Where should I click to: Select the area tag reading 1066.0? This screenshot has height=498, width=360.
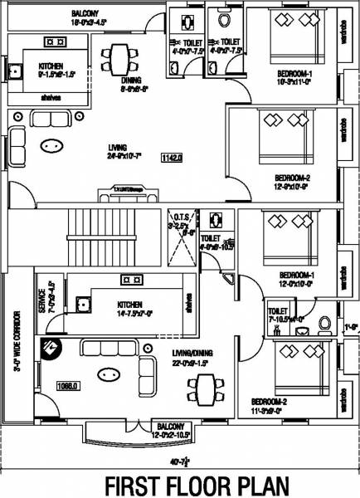point(43,385)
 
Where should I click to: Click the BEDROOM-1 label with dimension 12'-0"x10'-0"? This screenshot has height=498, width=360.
point(294,276)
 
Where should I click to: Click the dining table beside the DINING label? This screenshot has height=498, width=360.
point(118,58)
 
